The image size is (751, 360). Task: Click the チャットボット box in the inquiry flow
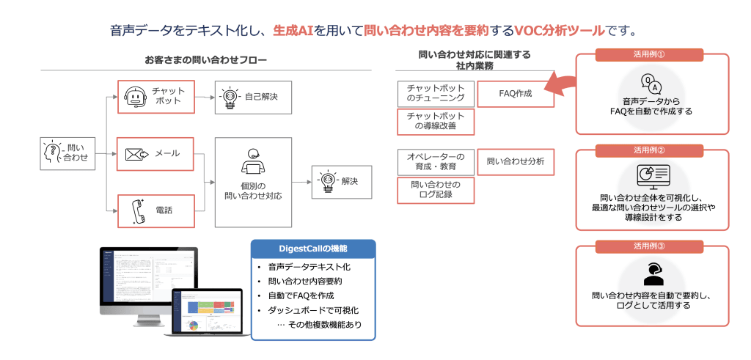pyautogui.click(x=155, y=96)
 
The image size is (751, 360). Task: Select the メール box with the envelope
pyautogui.click(x=155, y=153)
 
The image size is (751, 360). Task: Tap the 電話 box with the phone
pyautogui.click(x=155, y=210)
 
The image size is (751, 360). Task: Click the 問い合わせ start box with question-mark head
pyautogui.click(x=68, y=153)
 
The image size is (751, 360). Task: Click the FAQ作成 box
pyautogui.click(x=516, y=94)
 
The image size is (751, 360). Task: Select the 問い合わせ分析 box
pyautogui.click(x=516, y=162)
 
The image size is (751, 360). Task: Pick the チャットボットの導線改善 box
pyautogui.click(x=436, y=122)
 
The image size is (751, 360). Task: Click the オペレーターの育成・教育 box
pyautogui.click(x=436, y=162)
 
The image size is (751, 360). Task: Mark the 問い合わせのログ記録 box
pyautogui.click(x=436, y=191)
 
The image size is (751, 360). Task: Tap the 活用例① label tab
pyautogui.click(x=650, y=55)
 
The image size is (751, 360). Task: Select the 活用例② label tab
pyautogui.click(x=650, y=150)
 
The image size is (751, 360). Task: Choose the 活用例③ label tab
pyautogui.click(x=650, y=246)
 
